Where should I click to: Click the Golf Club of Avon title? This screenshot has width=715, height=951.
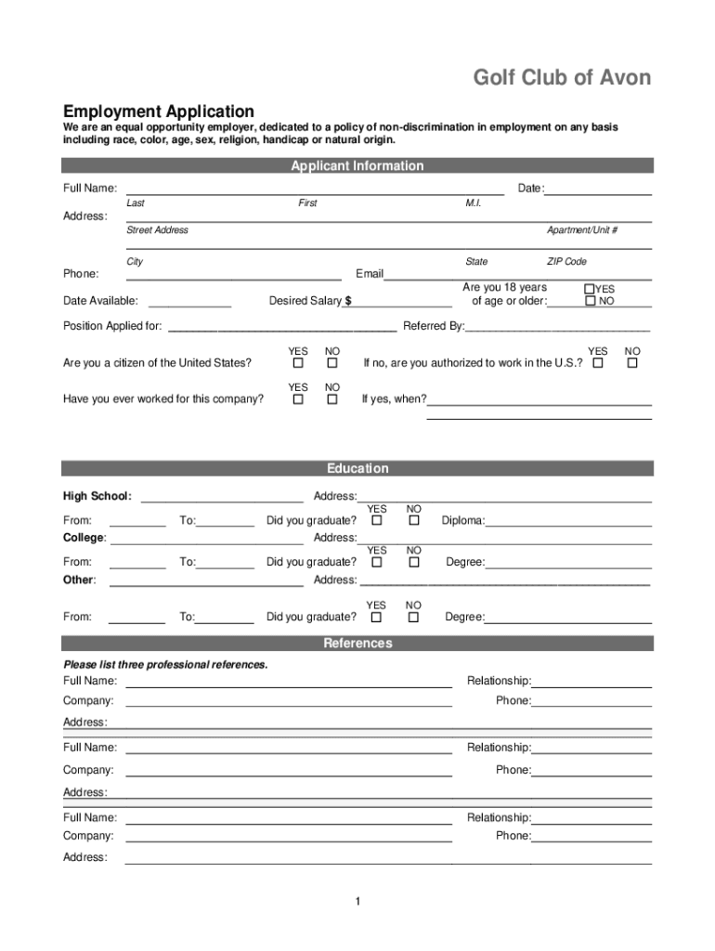click(562, 78)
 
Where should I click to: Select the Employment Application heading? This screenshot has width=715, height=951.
click(158, 111)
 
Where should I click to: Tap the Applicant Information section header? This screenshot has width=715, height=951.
click(357, 166)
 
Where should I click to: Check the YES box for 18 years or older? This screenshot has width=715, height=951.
click(590, 289)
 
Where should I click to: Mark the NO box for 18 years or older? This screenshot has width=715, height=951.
click(590, 301)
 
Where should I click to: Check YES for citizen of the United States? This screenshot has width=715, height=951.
click(298, 363)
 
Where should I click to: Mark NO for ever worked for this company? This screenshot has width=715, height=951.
click(331, 399)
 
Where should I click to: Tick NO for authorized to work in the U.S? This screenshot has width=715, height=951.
click(632, 363)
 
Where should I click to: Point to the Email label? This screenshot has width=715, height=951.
click(370, 274)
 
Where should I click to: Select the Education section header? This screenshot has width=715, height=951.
click(357, 469)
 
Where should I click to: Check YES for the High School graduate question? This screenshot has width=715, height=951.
click(377, 521)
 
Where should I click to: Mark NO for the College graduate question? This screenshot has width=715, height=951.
click(414, 562)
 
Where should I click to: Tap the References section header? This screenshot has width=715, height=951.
click(357, 644)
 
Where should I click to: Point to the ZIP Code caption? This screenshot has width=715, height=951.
click(566, 262)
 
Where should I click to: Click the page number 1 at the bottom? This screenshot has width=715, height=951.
click(357, 902)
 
